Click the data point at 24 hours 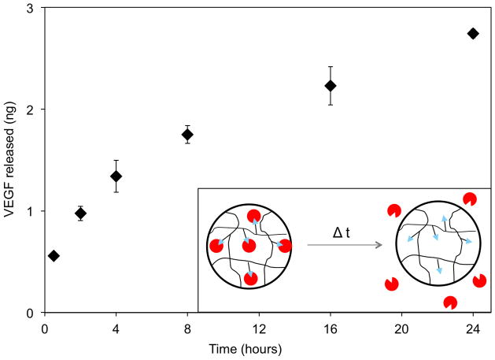(x=473, y=33)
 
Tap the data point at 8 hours (x=187, y=135)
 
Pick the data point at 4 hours (x=116, y=176)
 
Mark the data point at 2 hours (x=80, y=213)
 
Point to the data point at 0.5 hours (x=54, y=256)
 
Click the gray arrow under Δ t (x=344, y=246)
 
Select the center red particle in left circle (x=249, y=247)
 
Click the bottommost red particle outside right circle (x=451, y=302)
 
